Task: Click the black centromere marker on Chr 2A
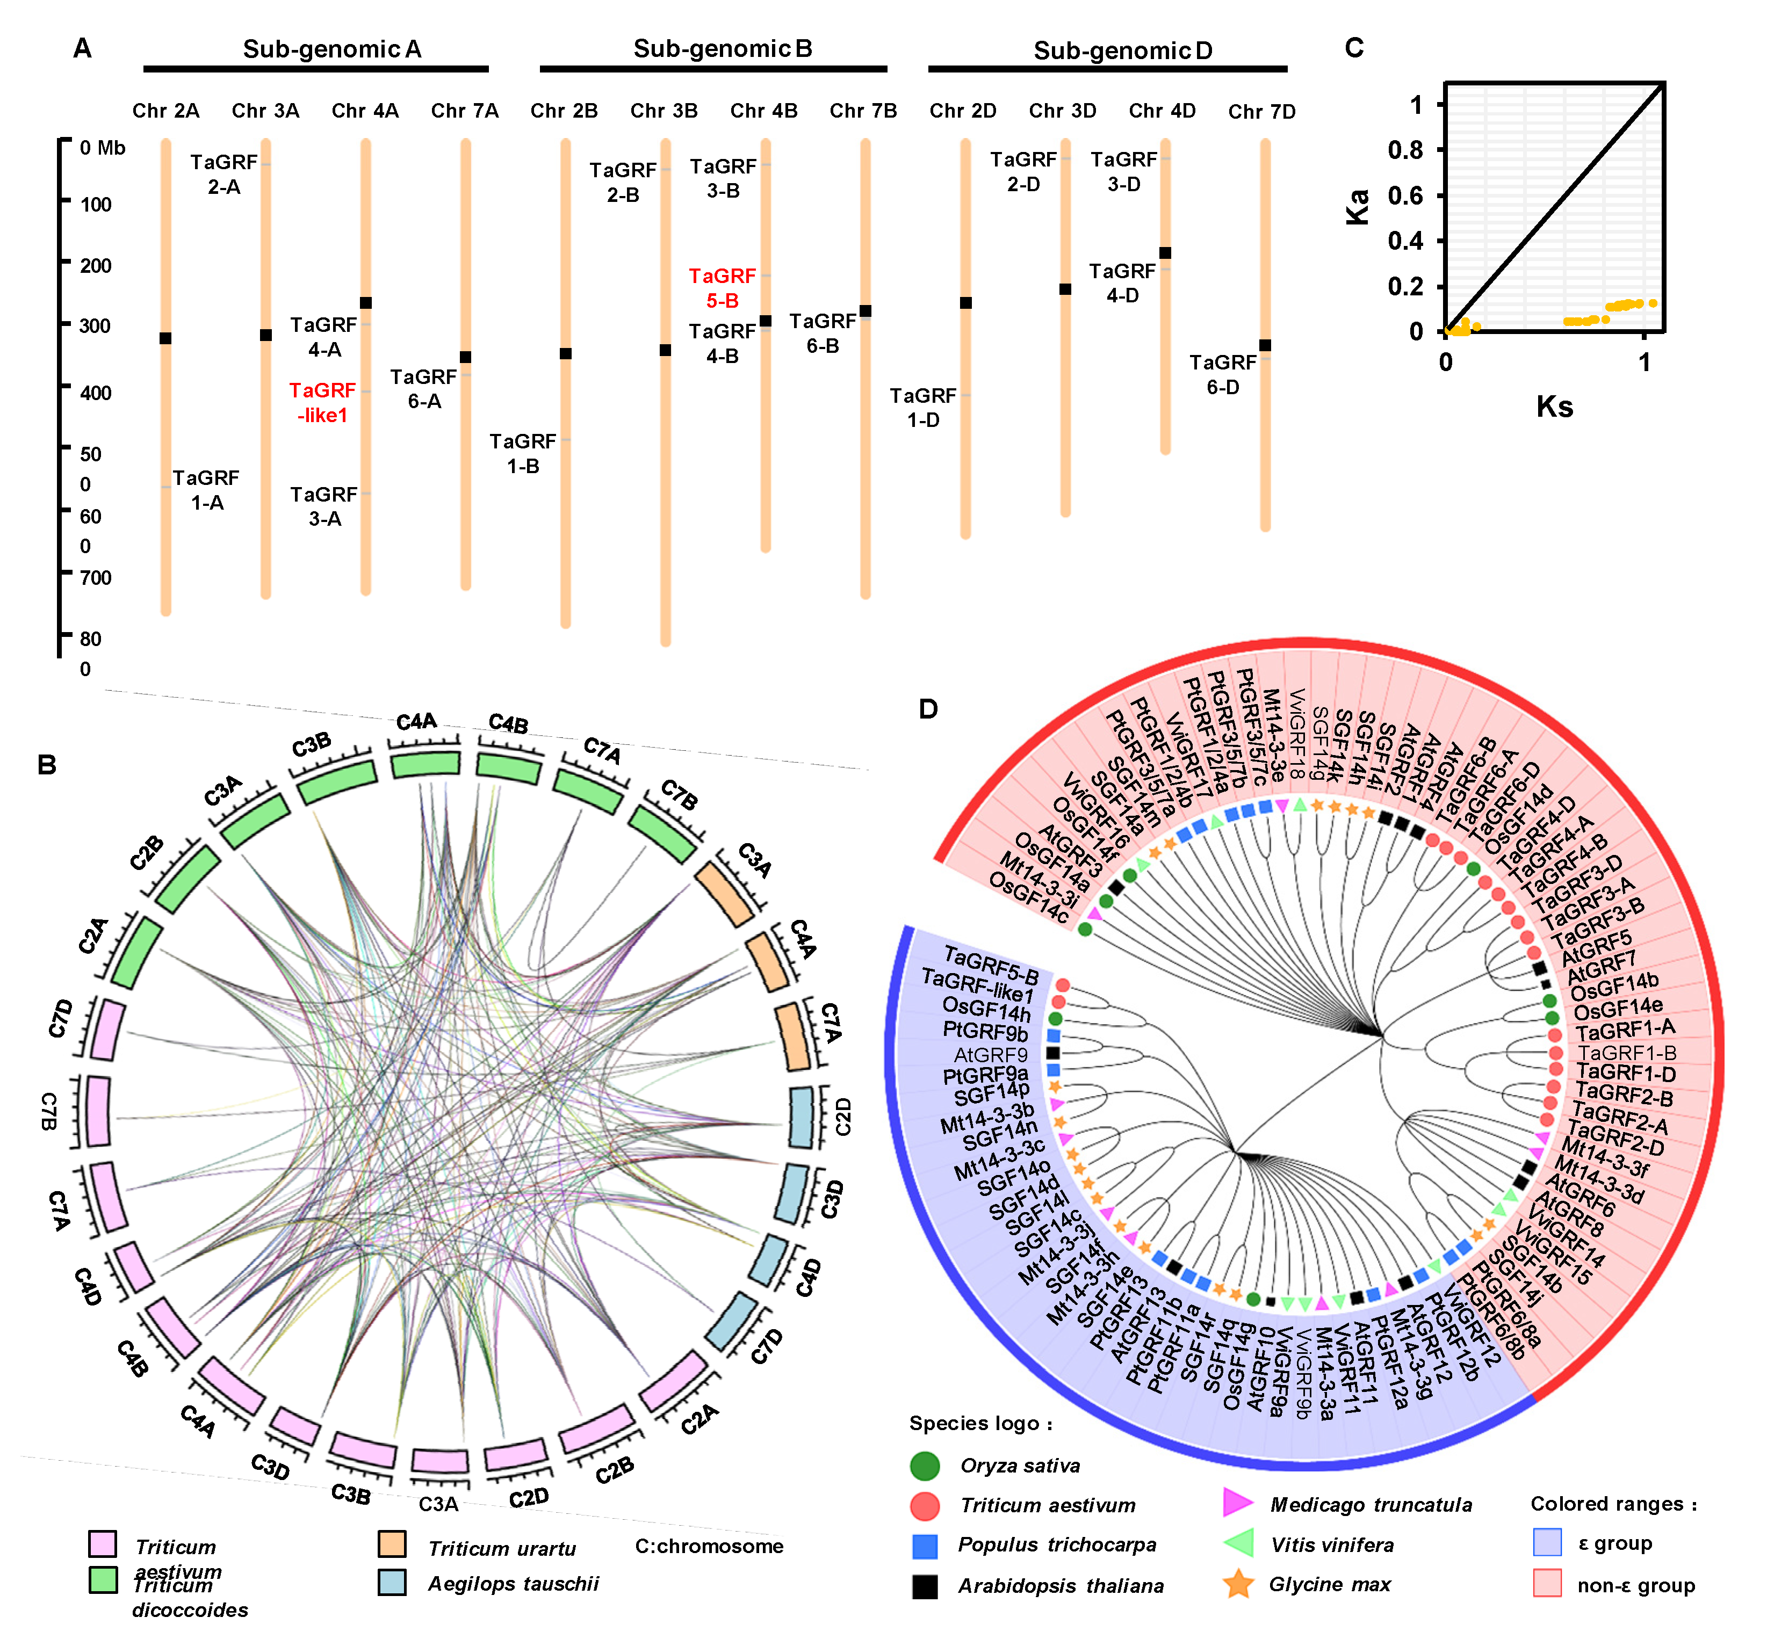(165, 338)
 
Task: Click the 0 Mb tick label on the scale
(102, 148)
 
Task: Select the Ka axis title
(1357, 207)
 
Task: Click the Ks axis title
(1554, 407)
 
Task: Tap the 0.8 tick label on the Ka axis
(1405, 150)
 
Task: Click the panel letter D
(928, 709)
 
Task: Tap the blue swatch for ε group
(1547, 1542)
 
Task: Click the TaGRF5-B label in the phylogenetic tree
(992, 965)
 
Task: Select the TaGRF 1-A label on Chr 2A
(206, 490)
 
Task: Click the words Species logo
(980, 1424)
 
